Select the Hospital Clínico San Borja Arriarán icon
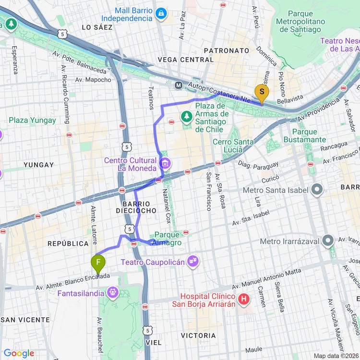point(244,300)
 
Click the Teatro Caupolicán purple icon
point(193,262)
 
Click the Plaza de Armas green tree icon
point(186,116)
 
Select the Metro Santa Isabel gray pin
point(316,190)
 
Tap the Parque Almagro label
point(168,239)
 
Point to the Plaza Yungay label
point(32,120)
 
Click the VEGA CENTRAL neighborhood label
point(185,60)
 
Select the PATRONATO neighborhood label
point(227,50)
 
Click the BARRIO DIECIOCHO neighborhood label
point(136,207)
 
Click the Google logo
point(19,353)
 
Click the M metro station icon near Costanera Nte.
point(179,85)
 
